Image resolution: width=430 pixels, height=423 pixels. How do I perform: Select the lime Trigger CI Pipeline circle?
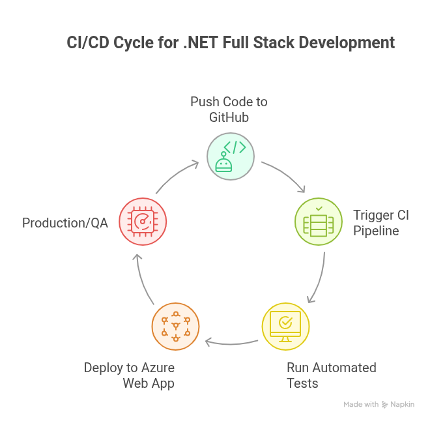point(319,222)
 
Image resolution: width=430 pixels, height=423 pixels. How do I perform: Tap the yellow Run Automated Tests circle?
point(285,324)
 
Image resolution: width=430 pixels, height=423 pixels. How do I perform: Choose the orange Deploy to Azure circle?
point(175,324)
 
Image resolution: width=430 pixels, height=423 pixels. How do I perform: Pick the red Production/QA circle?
point(143,222)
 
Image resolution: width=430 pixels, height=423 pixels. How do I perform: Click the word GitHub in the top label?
point(229,117)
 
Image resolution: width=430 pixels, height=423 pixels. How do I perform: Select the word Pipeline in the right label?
point(376,230)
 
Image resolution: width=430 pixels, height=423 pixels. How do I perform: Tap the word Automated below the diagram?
point(346,367)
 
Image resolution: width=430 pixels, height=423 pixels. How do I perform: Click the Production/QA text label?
point(65,222)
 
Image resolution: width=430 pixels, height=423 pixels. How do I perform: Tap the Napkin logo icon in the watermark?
point(385,405)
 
